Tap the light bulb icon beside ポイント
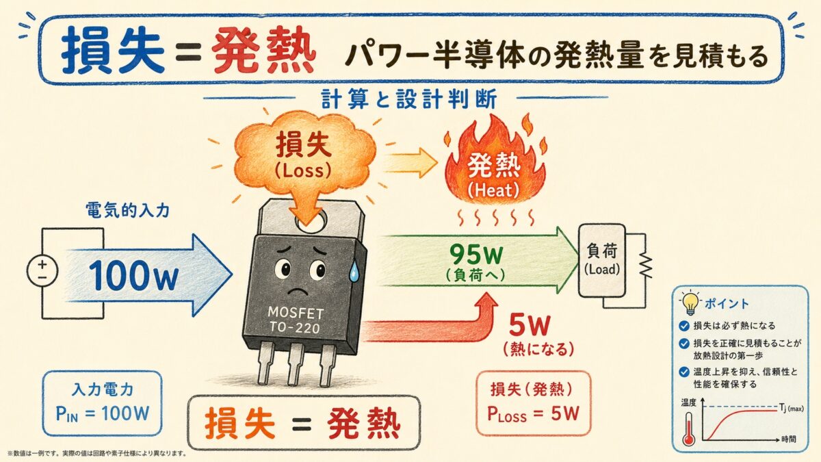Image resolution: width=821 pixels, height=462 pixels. [689, 301]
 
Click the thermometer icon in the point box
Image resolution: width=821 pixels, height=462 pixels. [688, 430]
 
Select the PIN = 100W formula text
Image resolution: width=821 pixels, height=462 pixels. [102, 415]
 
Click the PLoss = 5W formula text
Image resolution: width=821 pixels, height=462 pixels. [534, 414]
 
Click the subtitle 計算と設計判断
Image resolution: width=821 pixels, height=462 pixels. [410, 98]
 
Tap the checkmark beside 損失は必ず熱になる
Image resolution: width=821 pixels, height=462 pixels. [685, 326]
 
